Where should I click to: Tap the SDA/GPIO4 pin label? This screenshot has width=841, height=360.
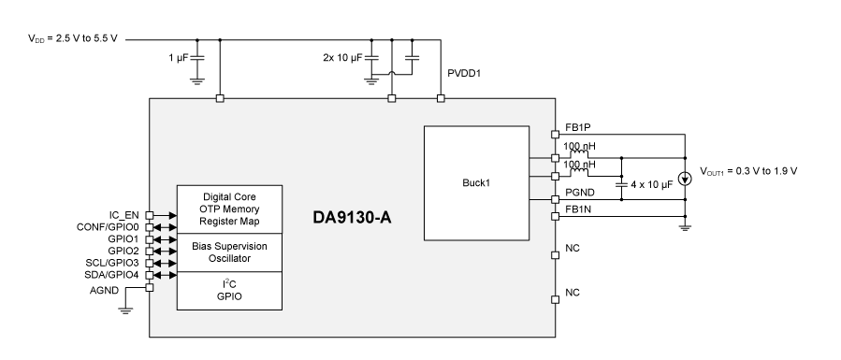coord(110,276)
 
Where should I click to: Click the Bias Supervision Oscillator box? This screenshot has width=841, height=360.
coord(230,252)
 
